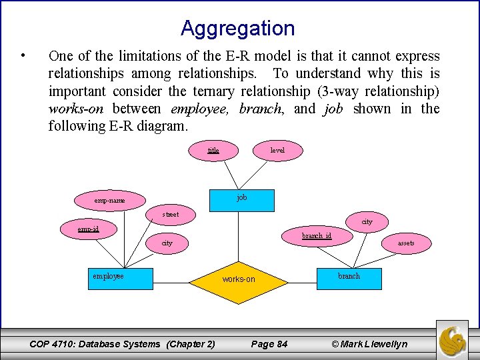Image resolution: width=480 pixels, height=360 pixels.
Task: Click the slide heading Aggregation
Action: (237, 29)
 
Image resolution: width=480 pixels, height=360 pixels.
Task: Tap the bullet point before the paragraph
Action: (23, 55)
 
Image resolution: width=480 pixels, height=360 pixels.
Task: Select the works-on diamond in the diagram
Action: (239, 279)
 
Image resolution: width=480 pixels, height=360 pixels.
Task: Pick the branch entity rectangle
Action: (349, 278)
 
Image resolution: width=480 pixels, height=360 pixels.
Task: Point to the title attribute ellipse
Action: (213, 151)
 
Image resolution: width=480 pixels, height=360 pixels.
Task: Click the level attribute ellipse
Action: (277, 151)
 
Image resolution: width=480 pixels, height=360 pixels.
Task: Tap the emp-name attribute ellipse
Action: (109, 200)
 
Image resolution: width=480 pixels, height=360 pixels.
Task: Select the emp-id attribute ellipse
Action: (88, 229)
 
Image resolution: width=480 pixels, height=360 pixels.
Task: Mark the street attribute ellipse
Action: (171, 215)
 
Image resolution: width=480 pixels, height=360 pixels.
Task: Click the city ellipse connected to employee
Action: (167, 243)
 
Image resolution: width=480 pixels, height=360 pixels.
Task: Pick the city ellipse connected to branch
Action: (367, 221)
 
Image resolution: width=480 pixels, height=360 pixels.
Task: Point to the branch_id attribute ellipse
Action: (317, 236)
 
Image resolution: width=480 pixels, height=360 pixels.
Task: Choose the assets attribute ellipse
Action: (406, 243)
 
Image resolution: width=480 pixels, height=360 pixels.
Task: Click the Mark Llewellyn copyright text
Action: (369, 344)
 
